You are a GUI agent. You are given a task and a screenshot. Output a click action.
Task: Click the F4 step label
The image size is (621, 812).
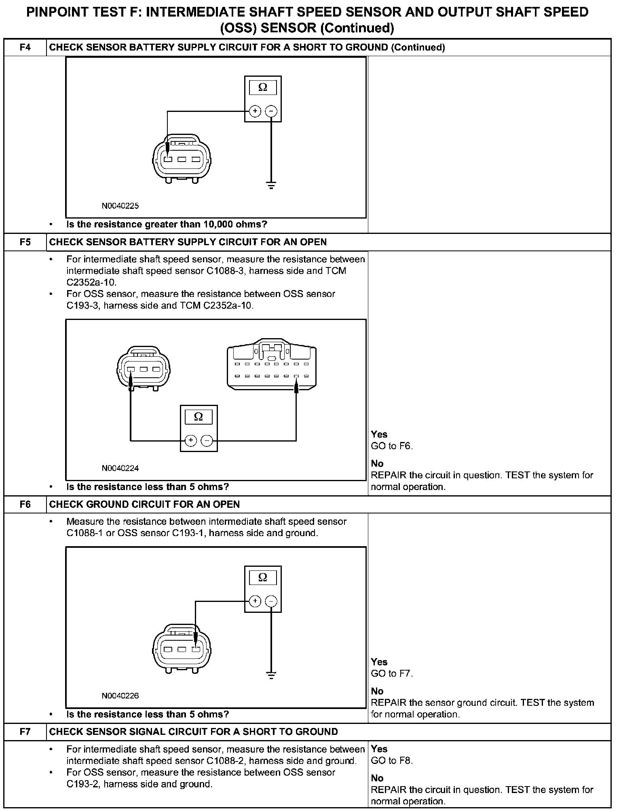point(25,48)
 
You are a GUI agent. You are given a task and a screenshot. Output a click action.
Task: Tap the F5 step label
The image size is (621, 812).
point(25,242)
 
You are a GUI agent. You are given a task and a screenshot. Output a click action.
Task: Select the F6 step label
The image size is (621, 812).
point(25,505)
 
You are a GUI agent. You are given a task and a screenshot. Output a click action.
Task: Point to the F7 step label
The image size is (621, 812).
point(25,732)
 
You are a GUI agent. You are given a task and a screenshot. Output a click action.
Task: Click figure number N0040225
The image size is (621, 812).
point(120,206)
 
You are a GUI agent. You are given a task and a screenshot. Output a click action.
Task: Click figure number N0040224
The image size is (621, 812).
point(120,469)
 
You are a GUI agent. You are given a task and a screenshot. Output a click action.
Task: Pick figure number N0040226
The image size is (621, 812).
point(120,696)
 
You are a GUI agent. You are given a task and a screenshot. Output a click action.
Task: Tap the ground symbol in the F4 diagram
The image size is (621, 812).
point(271,186)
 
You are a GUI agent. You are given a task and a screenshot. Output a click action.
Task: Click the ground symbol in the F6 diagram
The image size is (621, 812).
point(271,675)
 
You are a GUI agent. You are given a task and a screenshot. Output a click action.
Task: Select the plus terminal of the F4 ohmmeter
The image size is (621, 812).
point(255,111)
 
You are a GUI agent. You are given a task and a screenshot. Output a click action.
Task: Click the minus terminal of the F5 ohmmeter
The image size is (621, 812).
point(207,440)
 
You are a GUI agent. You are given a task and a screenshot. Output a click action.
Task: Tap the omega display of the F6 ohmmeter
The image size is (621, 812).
point(263,578)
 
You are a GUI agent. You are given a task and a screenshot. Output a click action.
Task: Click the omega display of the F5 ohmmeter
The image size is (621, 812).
point(199,417)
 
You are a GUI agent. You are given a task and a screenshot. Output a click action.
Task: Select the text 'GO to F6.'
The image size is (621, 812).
point(392,446)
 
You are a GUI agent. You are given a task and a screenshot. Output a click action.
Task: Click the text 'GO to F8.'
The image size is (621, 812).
point(392,761)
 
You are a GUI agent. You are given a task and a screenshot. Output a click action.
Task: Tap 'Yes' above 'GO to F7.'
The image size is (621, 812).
point(379,662)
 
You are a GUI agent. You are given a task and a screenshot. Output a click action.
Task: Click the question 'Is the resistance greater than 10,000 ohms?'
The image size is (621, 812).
point(167,225)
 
